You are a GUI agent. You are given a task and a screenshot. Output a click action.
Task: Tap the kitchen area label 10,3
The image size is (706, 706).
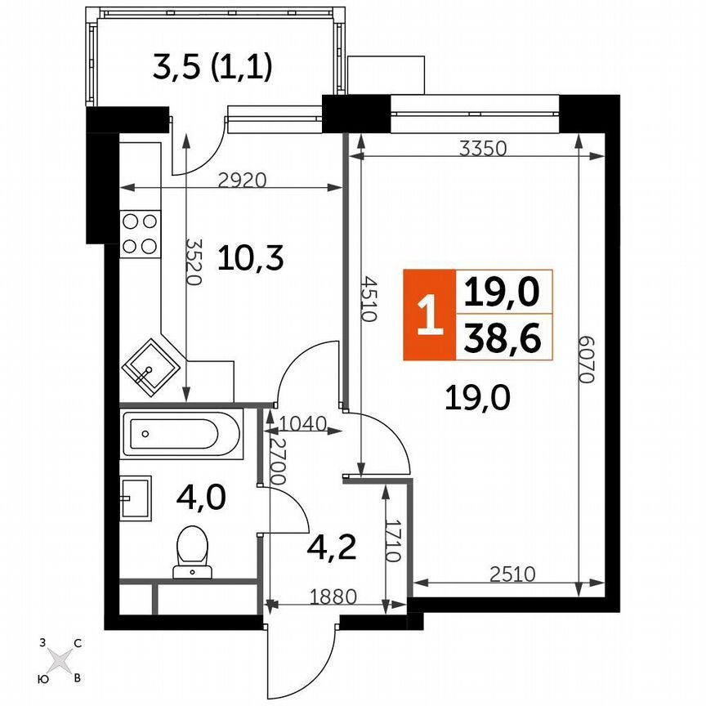point(250,260)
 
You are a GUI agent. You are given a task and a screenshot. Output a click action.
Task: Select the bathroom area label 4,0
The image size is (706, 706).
point(199,496)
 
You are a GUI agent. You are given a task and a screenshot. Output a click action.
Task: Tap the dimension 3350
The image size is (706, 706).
point(484,149)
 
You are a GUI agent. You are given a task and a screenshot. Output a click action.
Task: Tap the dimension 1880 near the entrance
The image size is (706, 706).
point(333,597)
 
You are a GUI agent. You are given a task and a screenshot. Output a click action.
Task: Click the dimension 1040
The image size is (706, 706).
point(302,423)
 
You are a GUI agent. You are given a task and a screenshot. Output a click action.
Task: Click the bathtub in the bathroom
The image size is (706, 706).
point(181,436)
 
